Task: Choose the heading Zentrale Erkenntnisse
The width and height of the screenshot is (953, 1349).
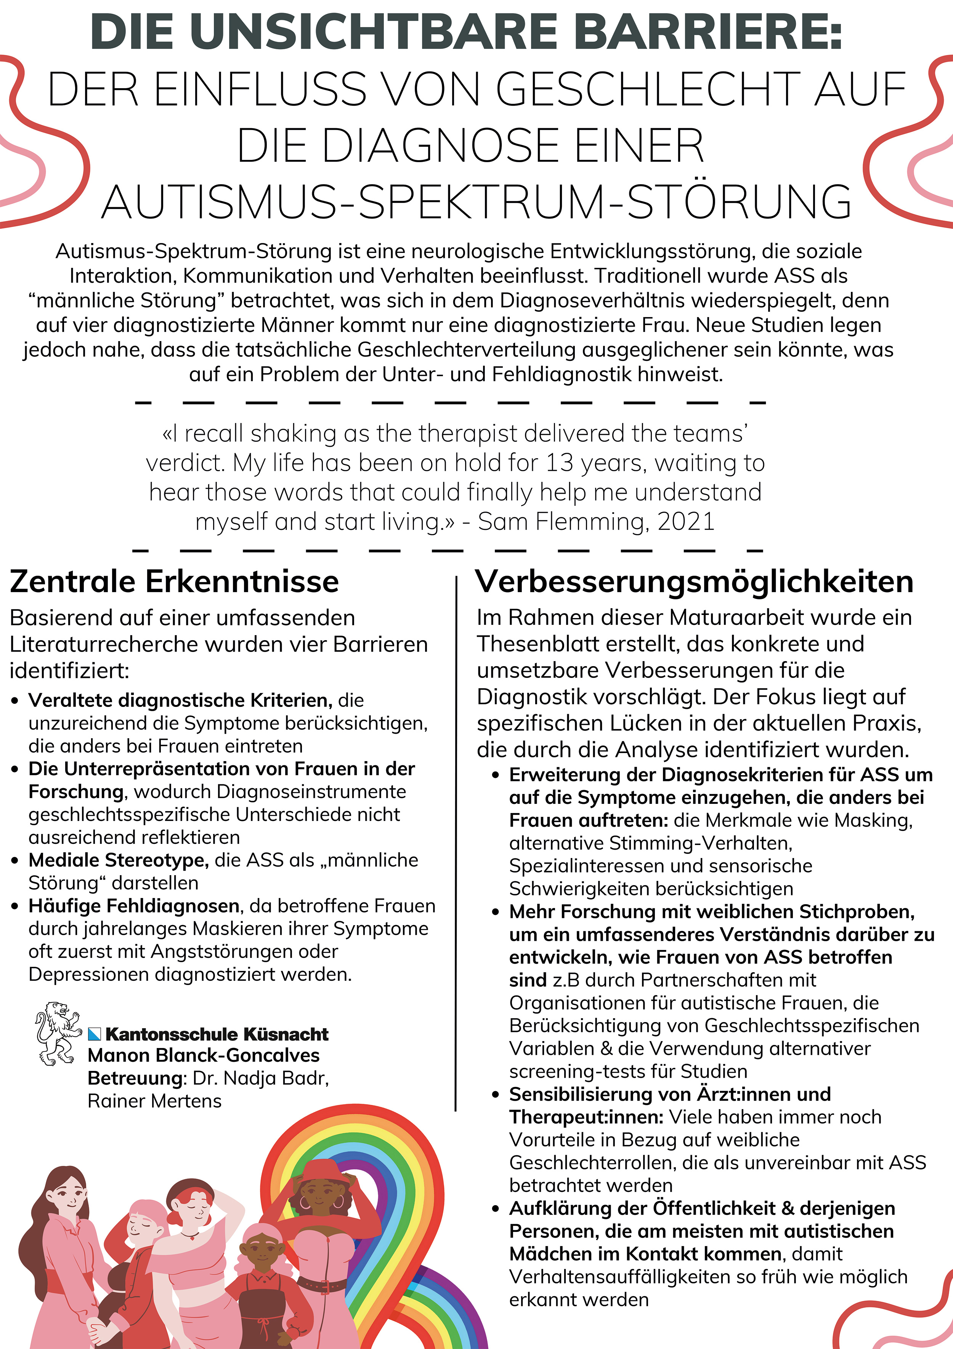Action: point(174,582)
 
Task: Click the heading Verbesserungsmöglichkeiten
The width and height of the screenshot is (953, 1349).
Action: point(694,582)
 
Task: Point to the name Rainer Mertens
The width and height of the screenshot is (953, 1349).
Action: point(154,1101)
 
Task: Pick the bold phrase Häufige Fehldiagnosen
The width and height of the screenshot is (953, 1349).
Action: point(134,906)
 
